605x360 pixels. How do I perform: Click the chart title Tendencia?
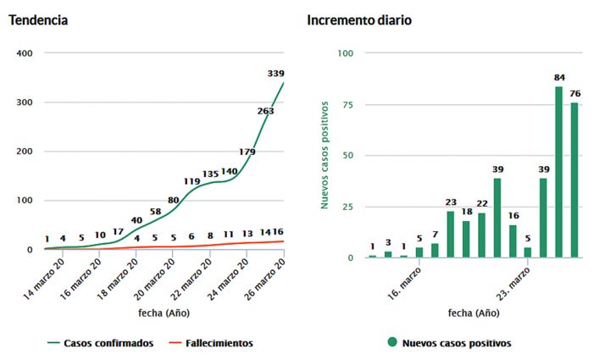point(39,19)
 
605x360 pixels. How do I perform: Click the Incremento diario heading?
point(359,19)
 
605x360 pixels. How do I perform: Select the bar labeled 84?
point(559,171)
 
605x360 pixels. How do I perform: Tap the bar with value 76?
point(574,180)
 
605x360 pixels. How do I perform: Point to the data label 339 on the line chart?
point(275,74)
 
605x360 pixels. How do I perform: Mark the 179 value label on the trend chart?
point(247,152)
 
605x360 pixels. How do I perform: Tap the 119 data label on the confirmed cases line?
point(191,181)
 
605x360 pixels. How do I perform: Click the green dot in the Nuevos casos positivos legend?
point(392,343)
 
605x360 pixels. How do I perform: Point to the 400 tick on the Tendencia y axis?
point(24,53)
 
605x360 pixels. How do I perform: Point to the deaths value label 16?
point(277,232)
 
